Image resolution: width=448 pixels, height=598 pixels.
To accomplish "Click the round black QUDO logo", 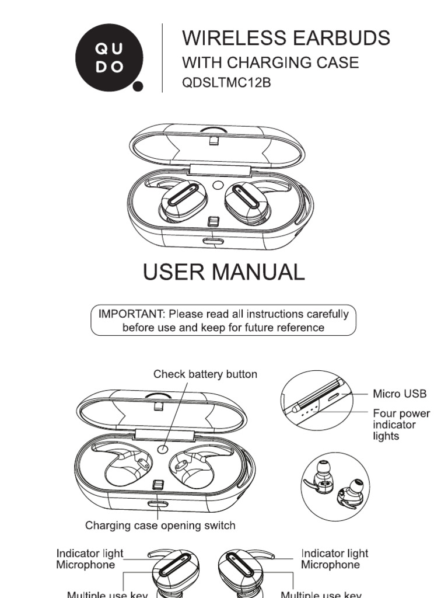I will coord(108,58).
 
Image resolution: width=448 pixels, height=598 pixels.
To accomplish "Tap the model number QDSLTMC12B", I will coord(226,83).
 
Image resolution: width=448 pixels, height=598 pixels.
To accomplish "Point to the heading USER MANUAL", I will coord(223,272).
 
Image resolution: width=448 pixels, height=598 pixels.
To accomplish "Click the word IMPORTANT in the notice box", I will coord(131,314).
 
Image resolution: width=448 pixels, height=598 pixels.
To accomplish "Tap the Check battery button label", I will coord(205,374).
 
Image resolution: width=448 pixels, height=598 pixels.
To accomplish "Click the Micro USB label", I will coord(400,394).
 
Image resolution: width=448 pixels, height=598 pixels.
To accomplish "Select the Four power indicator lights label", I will coord(401,425).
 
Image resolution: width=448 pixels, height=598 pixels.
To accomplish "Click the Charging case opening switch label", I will coord(160,526).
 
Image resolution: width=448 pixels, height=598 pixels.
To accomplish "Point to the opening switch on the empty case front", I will coord(156,503).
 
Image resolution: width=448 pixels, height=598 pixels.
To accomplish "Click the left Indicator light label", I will coord(90,553).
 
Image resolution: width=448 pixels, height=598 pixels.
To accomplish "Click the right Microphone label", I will coord(330,565).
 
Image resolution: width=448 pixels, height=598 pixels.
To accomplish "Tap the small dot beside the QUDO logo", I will coord(138,87).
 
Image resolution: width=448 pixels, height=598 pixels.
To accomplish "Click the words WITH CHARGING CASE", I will coord(270,62).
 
